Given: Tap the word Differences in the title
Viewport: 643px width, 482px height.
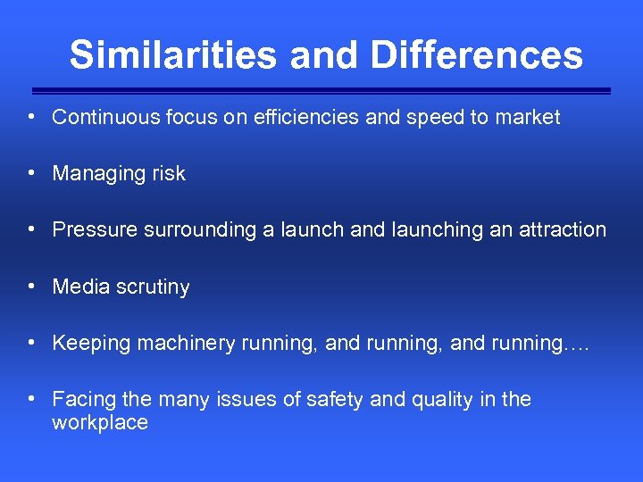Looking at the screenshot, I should [476, 54].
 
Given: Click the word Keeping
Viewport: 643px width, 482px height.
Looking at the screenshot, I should [91, 344].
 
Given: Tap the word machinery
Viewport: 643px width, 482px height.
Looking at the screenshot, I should [186, 344].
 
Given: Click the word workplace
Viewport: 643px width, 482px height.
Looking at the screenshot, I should [100, 423].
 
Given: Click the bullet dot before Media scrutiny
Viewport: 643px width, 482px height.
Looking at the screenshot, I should [31, 286].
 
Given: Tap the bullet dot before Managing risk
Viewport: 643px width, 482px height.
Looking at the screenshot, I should [31, 172].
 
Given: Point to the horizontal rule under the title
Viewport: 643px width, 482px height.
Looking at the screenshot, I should [321, 90].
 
